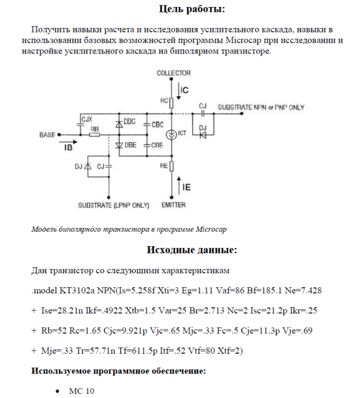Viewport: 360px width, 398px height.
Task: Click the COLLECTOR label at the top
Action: pyautogui.click(x=173, y=72)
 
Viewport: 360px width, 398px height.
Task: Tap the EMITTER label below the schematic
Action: pyautogui.click(x=173, y=205)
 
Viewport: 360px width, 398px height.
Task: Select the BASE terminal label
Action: pyautogui.click(x=48, y=134)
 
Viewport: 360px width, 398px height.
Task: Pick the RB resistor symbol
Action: pyautogui.click(x=95, y=134)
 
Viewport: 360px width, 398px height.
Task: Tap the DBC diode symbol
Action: pyautogui.click(x=119, y=124)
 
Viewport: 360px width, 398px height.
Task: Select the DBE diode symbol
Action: pyautogui.click(x=119, y=145)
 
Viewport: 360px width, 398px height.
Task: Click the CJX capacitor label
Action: pyautogui.click(x=86, y=118)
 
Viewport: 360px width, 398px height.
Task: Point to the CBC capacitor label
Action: pyautogui.click(x=157, y=124)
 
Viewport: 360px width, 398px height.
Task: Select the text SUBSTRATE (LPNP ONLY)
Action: pyautogui.click(x=114, y=205)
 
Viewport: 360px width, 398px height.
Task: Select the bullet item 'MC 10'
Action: pyautogui.click(x=82, y=390)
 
